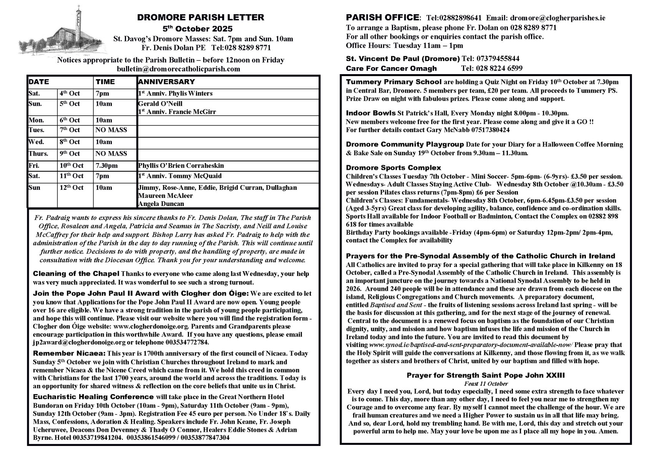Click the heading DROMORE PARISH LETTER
[201, 17]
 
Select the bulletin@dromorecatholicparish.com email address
[179, 69]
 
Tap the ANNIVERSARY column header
[166, 82]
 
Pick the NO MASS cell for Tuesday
[111, 130]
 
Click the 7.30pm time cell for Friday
[107, 166]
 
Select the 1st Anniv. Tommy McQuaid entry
[179, 176]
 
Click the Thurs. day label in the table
[38, 154]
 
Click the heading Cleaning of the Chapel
[76, 274]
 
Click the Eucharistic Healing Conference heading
[93, 397]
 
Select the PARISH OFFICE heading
[382, 18]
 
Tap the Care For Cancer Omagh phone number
[491, 68]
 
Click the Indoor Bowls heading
[371, 113]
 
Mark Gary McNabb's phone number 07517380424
[488, 130]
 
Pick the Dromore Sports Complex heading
[393, 168]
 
